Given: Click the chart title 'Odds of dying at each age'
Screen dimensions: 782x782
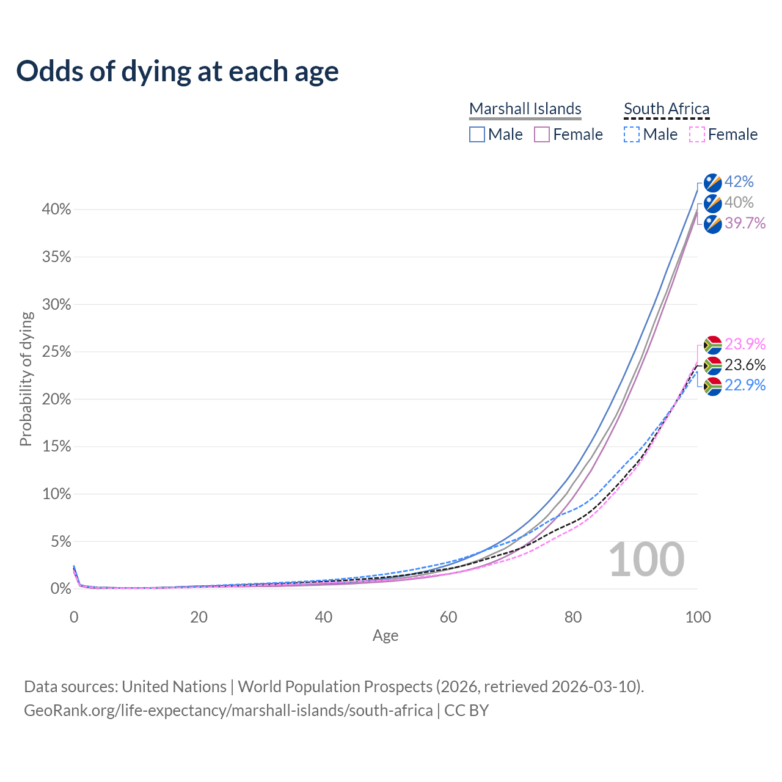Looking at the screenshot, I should tap(177, 71).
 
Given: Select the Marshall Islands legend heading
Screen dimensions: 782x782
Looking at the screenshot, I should tap(525, 109).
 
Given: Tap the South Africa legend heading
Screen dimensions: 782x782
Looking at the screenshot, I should tap(667, 109).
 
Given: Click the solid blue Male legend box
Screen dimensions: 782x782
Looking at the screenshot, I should tap(477, 134).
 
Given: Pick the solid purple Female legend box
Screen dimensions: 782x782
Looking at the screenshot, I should tap(542, 134).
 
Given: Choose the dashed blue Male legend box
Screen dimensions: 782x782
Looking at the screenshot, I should tap(632, 134).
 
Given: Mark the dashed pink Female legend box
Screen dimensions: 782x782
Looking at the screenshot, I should tap(696, 134).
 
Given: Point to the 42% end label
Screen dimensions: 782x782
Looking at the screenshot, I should tap(739, 182).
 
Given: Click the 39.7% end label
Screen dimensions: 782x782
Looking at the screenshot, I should tap(745, 224).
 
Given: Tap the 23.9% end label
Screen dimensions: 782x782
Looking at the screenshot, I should tap(745, 345).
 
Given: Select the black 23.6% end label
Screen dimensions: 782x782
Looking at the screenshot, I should tap(745, 365).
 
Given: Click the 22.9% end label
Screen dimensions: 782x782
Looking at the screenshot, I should tap(745, 386).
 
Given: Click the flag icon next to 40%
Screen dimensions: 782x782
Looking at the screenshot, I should tap(713, 203).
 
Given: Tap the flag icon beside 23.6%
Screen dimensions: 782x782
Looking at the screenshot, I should tap(713, 366).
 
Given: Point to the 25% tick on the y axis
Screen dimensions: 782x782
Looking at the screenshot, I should tap(57, 352).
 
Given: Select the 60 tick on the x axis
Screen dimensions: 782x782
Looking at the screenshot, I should tap(448, 617).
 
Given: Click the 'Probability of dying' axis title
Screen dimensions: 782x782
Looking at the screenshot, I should tap(26, 379).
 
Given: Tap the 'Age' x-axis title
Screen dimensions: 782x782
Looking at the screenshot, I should tap(386, 636).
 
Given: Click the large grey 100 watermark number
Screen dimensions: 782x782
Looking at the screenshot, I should tap(646, 560).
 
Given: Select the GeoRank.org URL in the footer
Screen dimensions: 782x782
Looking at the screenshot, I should tap(228, 711).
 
